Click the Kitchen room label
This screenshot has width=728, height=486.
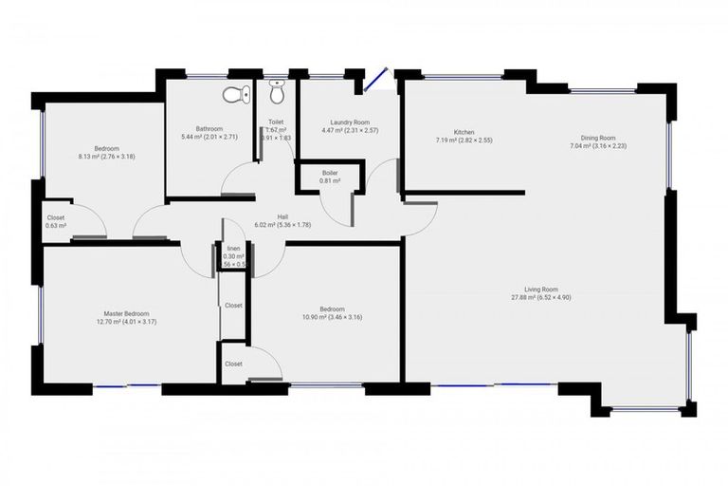(464, 132)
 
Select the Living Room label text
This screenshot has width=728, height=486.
(541, 290)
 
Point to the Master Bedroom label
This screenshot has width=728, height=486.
(126, 313)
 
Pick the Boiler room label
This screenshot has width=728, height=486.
(330, 173)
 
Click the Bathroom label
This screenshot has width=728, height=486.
(209, 129)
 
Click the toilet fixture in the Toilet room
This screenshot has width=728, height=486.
(277, 93)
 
